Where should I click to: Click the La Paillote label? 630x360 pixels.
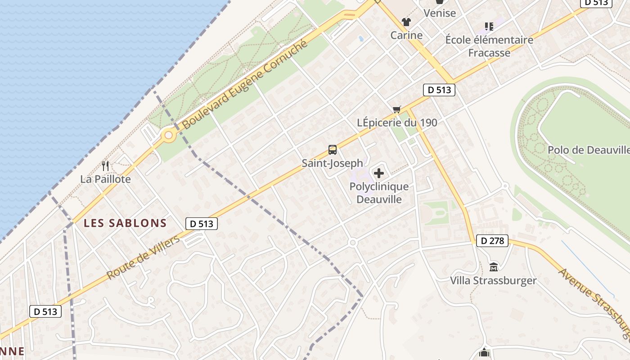click(105, 179)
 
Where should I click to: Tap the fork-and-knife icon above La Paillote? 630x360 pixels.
click(105, 166)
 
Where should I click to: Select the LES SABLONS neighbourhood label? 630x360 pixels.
click(125, 223)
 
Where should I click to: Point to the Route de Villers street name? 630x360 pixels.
click(143, 257)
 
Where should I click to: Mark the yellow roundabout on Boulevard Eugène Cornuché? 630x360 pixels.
click(169, 135)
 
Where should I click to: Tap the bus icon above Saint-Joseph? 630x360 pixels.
click(333, 150)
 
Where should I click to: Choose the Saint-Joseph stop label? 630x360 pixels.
click(332, 163)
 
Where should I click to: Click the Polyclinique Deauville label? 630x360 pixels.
click(379, 193)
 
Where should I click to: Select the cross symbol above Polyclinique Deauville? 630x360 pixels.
click(379, 173)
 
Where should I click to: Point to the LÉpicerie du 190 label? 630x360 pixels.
click(397, 122)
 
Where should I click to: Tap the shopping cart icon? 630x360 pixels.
click(397, 109)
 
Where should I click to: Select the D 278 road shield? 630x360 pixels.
click(492, 241)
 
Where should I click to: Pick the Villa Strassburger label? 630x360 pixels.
click(493, 281)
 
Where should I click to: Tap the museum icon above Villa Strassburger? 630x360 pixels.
click(494, 267)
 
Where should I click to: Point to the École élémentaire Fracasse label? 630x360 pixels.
click(489, 46)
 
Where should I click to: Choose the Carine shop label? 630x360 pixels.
click(406, 35)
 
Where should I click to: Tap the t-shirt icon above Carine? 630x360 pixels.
click(406, 22)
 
